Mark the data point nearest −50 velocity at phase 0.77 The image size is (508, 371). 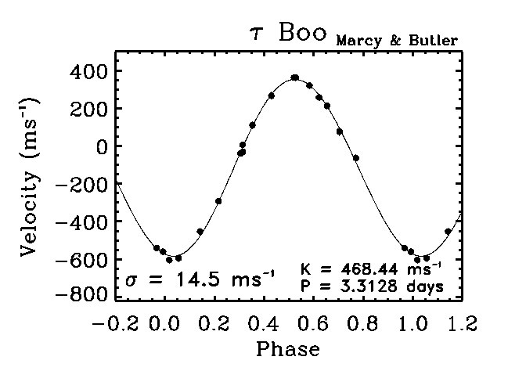[356, 158]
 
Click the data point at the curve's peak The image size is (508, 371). [294, 77]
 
